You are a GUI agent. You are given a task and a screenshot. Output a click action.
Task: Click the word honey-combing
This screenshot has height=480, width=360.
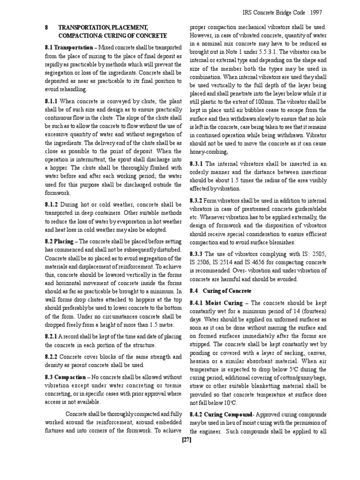(209, 151)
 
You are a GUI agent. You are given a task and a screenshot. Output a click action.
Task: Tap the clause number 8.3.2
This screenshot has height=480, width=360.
(196, 200)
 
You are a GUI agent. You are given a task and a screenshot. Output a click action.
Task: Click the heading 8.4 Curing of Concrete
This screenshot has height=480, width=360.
(218, 291)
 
